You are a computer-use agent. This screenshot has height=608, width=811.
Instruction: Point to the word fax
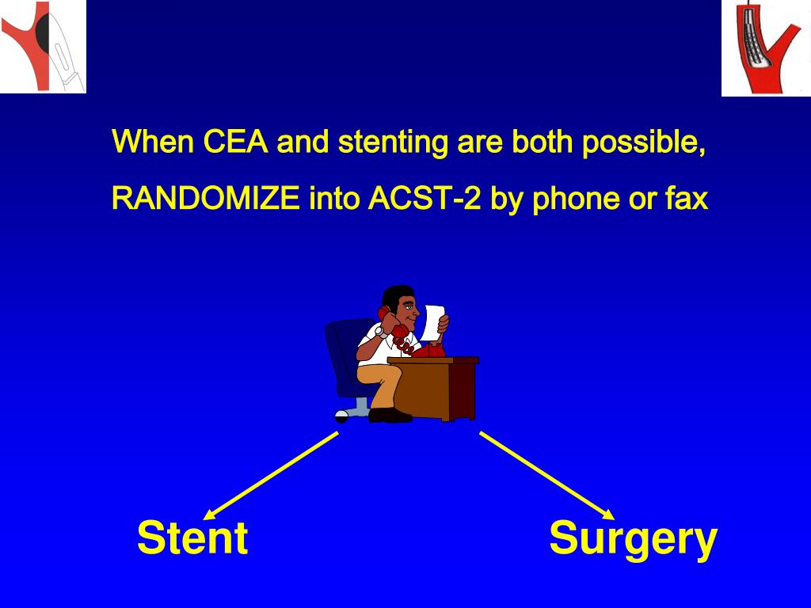[x=685, y=199]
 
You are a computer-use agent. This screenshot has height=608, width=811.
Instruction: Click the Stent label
[x=192, y=538]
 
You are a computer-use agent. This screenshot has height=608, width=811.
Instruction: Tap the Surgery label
[x=633, y=538]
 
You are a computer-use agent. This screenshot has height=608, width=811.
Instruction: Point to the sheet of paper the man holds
[x=433, y=321]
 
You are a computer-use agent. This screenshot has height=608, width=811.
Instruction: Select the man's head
[x=401, y=302]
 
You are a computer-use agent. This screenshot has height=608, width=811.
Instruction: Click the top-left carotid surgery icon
[x=43, y=46]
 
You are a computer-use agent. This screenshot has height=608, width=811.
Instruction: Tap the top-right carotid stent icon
[x=765, y=47]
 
